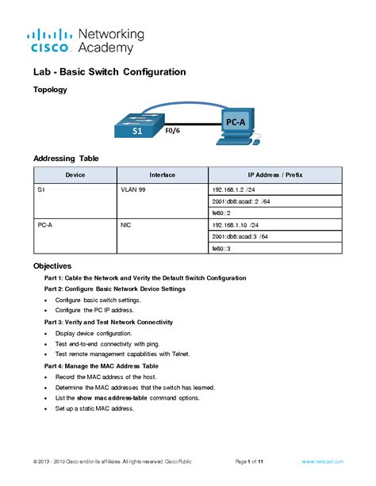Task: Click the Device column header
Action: (x=75, y=174)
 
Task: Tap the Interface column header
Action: (x=163, y=174)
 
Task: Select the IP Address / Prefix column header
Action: (x=274, y=174)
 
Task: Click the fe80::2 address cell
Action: (x=221, y=213)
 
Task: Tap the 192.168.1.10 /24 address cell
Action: (x=235, y=225)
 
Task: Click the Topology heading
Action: (x=50, y=90)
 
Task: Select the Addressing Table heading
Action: (x=66, y=159)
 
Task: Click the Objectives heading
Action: (x=52, y=266)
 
